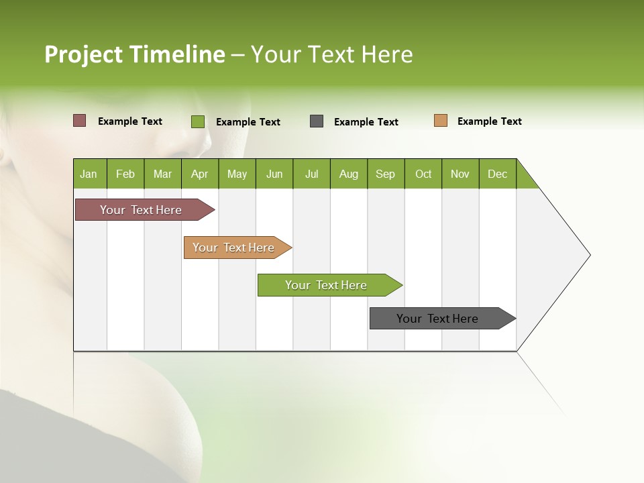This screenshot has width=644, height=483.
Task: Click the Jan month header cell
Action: (89, 174)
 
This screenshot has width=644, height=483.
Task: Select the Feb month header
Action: (125, 174)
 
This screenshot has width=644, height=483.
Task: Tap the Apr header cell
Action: (200, 174)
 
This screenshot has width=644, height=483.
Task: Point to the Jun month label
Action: (274, 174)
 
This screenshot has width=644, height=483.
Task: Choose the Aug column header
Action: (349, 174)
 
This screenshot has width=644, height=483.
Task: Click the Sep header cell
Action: (386, 174)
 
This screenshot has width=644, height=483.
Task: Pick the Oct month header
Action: (423, 174)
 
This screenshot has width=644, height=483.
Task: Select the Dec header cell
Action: (498, 174)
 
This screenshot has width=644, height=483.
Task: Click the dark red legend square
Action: (80, 121)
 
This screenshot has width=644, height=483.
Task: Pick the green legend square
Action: (198, 121)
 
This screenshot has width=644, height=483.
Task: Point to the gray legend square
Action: (317, 121)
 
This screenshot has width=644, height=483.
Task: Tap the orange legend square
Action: (441, 121)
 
